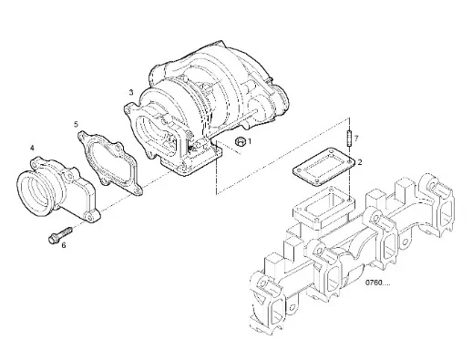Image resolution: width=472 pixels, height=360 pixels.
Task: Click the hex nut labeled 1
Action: tap(241, 141)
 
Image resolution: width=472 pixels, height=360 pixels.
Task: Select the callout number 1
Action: tap(250, 141)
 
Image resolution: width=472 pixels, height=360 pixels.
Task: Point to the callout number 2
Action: tap(360, 162)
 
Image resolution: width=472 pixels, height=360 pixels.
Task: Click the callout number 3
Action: tap(131, 92)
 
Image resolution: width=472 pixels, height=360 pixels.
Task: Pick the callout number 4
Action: tap(32, 148)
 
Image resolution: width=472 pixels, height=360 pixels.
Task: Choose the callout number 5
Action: tap(76, 124)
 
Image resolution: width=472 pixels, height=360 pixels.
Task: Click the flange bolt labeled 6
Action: tap(60, 234)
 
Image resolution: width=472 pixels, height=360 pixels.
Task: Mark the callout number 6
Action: tap(64, 245)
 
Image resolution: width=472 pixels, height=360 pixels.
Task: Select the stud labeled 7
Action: tap(349, 138)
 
